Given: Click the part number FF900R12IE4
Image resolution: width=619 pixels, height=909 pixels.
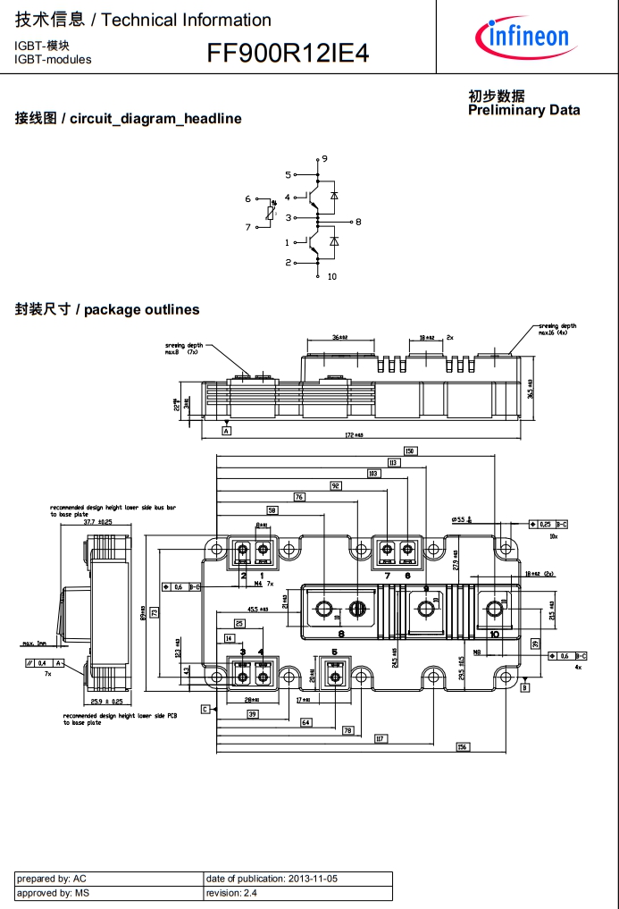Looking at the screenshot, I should pyautogui.click(x=288, y=54).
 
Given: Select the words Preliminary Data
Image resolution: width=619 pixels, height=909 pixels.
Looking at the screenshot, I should pyautogui.click(x=523, y=110).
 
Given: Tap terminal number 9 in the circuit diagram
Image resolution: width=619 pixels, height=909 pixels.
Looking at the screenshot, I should pyautogui.click(x=324, y=159).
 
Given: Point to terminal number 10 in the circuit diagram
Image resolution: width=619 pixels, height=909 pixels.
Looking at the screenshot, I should pyautogui.click(x=331, y=276).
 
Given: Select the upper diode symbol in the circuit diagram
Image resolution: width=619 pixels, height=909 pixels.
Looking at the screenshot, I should pyautogui.click(x=334, y=194).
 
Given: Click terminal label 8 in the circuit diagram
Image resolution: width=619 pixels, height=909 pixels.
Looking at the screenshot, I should pyautogui.click(x=358, y=221).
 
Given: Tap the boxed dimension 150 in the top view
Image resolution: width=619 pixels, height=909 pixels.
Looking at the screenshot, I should pyautogui.click(x=410, y=450).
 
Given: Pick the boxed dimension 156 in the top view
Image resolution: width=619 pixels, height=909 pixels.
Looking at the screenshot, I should pyautogui.click(x=462, y=746).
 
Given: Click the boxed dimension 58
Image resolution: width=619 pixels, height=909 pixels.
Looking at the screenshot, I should pyautogui.click(x=272, y=509).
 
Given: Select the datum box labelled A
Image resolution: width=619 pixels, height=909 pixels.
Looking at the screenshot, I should pyautogui.click(x=226, y=431).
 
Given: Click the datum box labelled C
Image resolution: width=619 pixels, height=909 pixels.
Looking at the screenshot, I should pyautogui.click(x=205, y=709).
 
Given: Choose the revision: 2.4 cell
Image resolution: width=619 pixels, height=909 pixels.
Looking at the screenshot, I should pyautogui.click(x=297, y=893).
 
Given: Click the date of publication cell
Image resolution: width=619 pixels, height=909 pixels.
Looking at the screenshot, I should pyautogui.click(x=297, y=879).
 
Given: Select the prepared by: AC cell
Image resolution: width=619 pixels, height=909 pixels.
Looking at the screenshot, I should pyautogui.click(x=109, y=879).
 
